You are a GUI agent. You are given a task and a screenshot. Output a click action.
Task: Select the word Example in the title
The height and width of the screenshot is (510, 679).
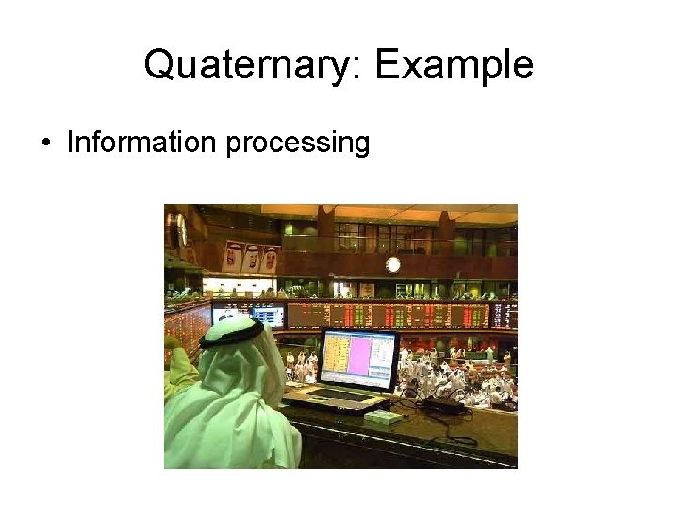[x=455, y=65]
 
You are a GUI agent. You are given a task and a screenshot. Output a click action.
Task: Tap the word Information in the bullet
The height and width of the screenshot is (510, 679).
[x=141, y=143]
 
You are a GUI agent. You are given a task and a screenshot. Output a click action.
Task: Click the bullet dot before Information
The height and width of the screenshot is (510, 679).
[x=46, y=144]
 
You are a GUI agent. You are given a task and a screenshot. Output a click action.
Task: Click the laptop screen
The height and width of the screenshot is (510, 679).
[x=357, y=360]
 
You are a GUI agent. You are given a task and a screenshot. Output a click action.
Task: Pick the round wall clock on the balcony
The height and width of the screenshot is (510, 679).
[x=393, y=264]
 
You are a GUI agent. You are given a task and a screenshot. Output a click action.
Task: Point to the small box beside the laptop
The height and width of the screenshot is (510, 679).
[x=382, y=416]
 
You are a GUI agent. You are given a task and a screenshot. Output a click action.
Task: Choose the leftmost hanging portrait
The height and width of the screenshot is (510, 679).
[x=233, y=256]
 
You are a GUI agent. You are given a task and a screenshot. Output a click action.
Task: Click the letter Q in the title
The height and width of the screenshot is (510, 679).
[x=160, y=65]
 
